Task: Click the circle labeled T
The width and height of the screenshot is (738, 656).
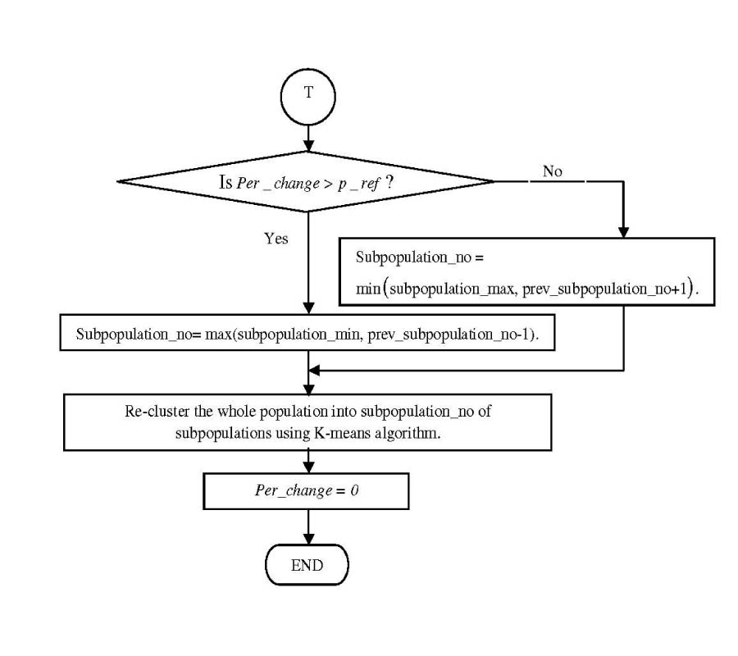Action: click(x=307, y=93)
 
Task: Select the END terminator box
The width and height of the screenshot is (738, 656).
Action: click(x=307, y=565)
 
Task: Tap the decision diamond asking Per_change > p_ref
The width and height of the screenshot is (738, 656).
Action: click(x=307, y=182)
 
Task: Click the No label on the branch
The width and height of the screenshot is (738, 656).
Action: click(x=552, y=171)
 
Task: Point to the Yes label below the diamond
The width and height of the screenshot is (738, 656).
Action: click(x=276, y=239)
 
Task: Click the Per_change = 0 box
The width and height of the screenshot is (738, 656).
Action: click(x=306, y=492)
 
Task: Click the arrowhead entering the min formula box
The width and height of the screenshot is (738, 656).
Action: click(x=624, y=231)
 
